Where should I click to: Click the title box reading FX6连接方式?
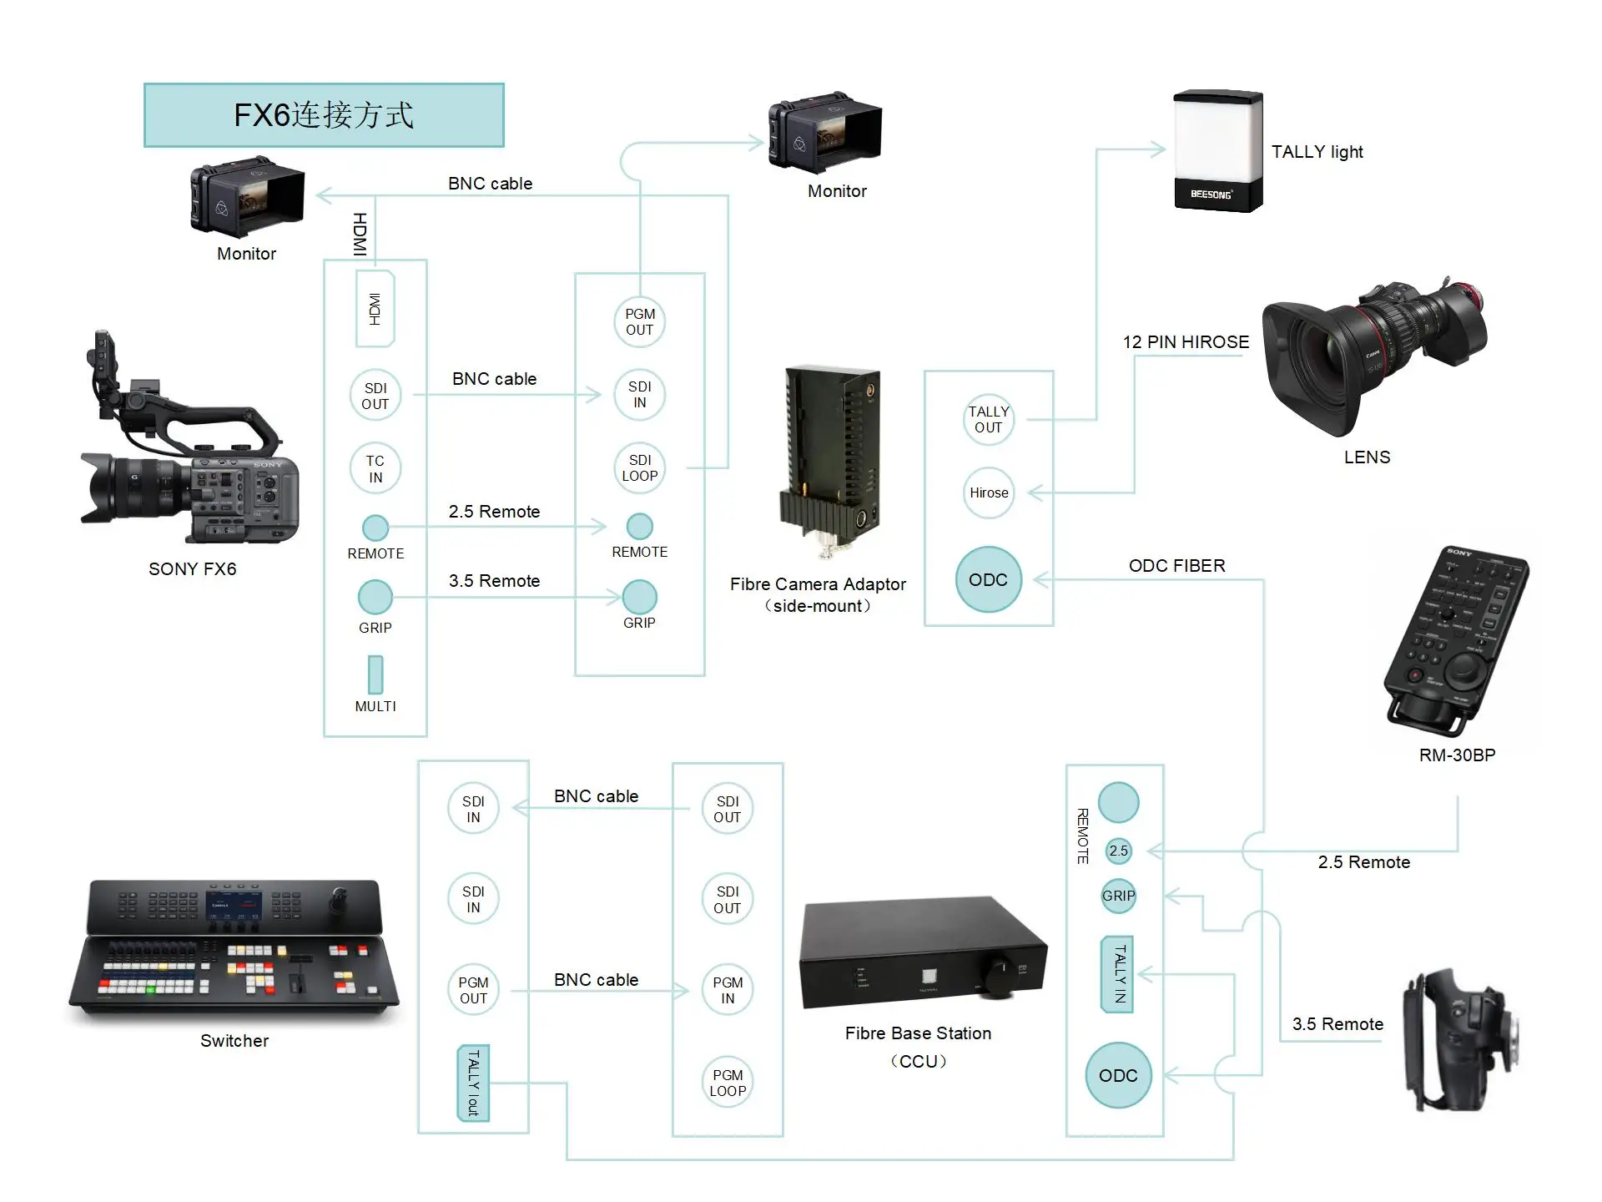(324, 115)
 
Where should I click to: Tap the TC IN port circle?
(375, 468)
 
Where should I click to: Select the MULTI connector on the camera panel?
(375, 674)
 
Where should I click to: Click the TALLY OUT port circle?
(989, 419)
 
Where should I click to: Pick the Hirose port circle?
(989, 492)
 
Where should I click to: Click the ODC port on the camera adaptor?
(989, 579)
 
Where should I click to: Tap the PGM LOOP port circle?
(728, 1083)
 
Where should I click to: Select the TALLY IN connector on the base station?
(1118, 974)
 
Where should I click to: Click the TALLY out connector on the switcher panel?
(473, 1083)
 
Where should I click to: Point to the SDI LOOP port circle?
(640, 467)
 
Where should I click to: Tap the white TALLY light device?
(1217, 150)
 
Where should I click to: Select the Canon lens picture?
(1373, 359)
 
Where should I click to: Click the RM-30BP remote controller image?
(1456, 639)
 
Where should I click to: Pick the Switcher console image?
(234, 952)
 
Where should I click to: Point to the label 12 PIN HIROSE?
(1186, 342)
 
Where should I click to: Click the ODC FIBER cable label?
(1176, 566)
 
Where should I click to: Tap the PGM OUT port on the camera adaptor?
(640, 321)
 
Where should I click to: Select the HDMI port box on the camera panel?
(375, 309)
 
